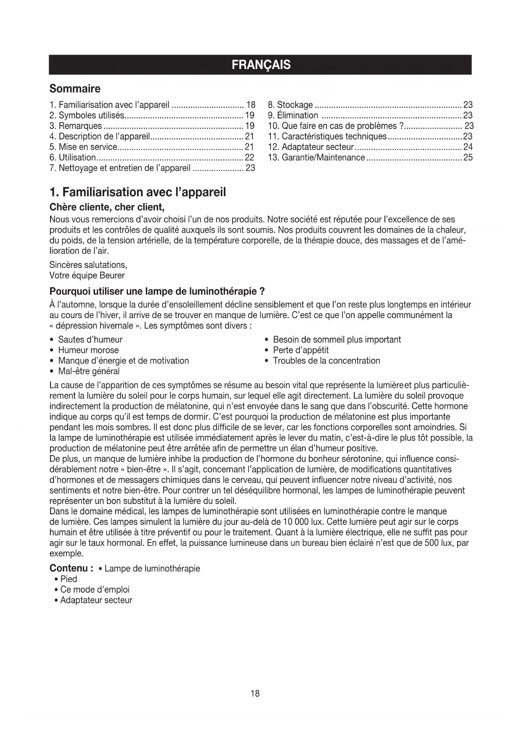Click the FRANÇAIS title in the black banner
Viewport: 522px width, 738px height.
point(261,65)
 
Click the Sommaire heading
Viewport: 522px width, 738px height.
point(75,89)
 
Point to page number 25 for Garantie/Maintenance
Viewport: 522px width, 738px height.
point(468,157)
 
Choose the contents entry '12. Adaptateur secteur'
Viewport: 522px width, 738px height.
point(311,147)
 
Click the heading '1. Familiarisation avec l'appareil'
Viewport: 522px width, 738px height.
point(138,192)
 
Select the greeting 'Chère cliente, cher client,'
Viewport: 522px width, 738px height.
point(106,207)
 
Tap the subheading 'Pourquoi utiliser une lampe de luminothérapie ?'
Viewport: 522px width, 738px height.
point(156,291)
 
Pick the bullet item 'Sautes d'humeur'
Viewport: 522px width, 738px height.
point(90,340)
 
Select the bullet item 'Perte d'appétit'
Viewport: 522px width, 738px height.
point(301,350)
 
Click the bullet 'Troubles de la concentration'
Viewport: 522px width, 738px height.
point(326,361)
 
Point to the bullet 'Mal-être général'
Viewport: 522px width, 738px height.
point(89,371)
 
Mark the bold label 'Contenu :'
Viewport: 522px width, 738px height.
point(71,568)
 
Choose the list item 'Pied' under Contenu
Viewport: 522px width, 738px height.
point(69,579)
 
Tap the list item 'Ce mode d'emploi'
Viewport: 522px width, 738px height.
point(95,589)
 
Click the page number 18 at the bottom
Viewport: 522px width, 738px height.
point(255,693)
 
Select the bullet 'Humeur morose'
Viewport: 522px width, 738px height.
point(88,350)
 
